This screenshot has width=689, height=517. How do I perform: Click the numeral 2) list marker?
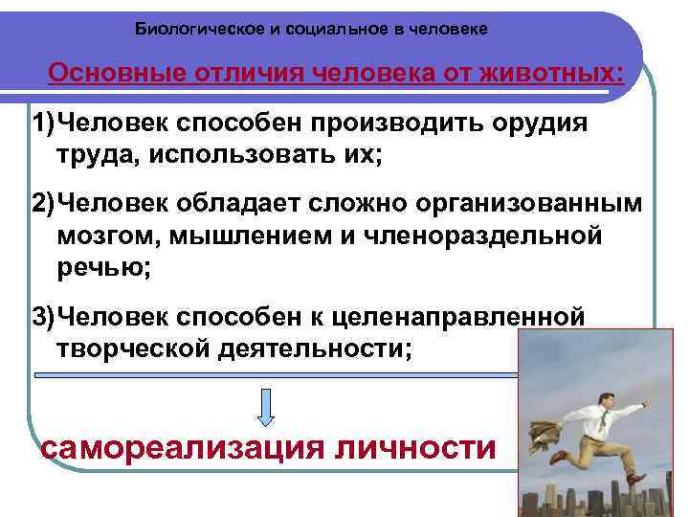pos(44,208)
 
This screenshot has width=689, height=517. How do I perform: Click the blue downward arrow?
pos(267,406)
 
